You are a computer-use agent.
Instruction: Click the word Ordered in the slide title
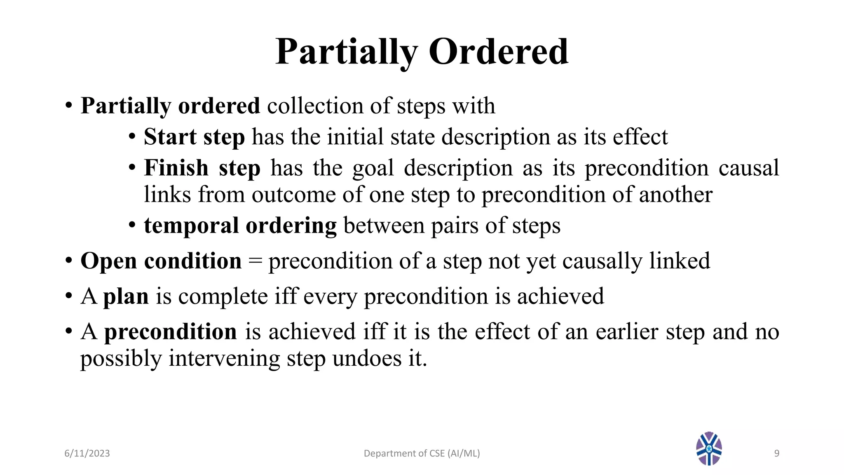pyautogui.click(x=499, y=52)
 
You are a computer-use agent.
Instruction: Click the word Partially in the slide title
pyautogui.click(x=347, y=52)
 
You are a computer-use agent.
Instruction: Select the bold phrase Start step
pyautogui.click(x=194, y=137)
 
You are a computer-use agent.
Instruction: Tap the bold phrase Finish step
pyautogui.click(x=202, y=168)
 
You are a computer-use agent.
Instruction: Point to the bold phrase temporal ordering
pyautogui.click(x=240, y=226)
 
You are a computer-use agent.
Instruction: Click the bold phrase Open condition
pyautogui.click(x=161, y=261)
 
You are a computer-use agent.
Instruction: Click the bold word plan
pyautogui.click(x=126, y=296)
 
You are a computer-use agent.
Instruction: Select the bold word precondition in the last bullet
pyautogui.click(x=170, y=332)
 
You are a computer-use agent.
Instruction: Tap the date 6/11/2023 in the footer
pyautogui.click(x=87, y=454)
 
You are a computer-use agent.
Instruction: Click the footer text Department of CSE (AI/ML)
pyautogui.click(x=422, y=454)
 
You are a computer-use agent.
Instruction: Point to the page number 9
pyautogui.click(x=776, y=454)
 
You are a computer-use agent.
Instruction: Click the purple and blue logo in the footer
pyautogui.click(x=709, y=449)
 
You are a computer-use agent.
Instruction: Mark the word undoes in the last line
pyautogui.click(x=367, y=358)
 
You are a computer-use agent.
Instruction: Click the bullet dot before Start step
pyautogui.click(x=132, y=137)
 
